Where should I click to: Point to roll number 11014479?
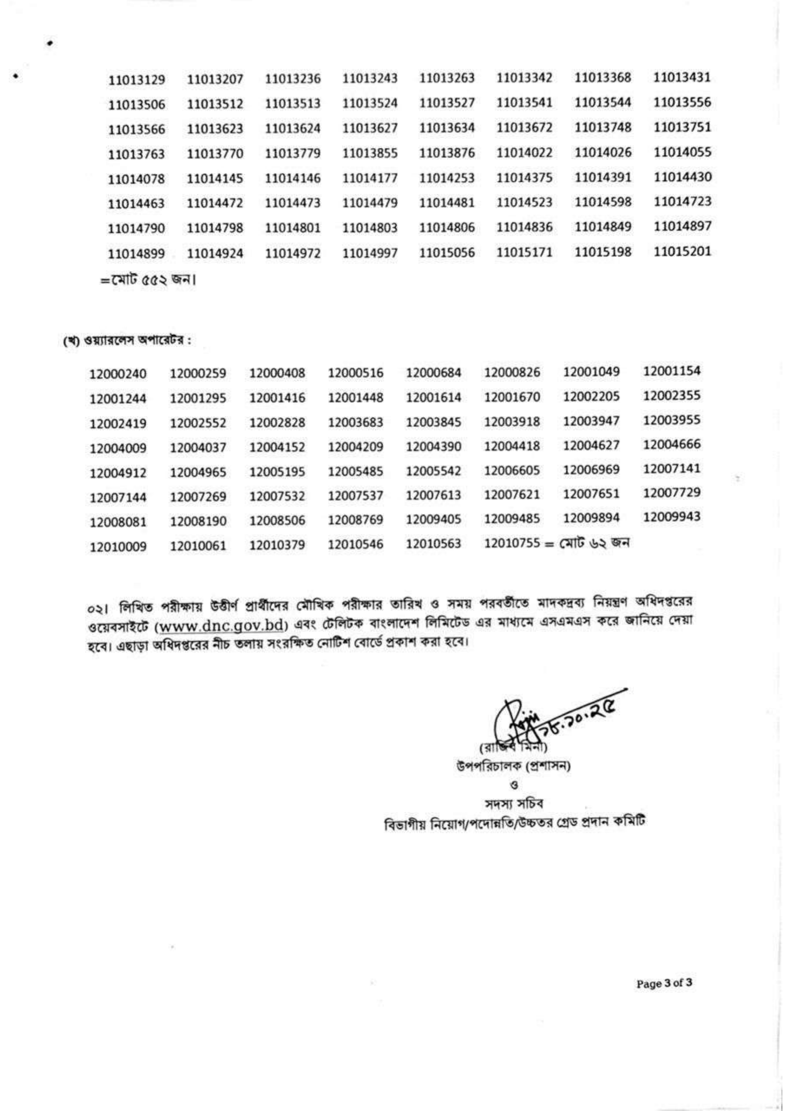pos(370,203)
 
